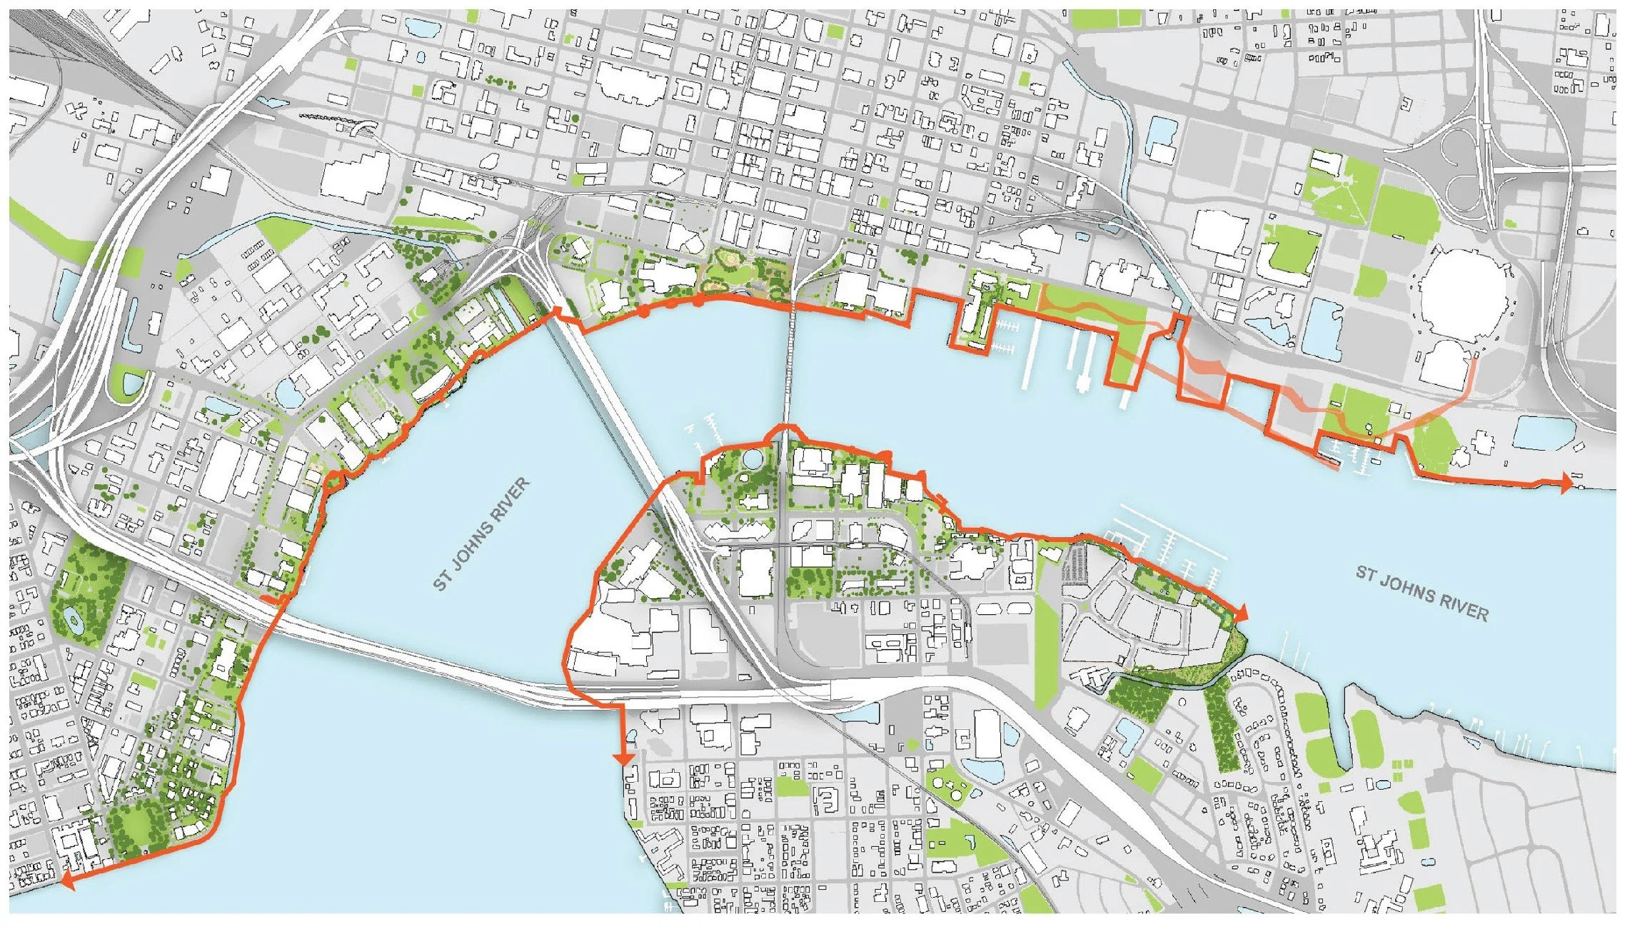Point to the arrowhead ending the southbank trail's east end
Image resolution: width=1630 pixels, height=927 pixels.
click(1241, 612)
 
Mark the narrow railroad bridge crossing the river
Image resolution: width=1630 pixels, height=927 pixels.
click(790, 364)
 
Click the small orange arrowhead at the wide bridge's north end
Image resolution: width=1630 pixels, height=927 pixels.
click(558, 315)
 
